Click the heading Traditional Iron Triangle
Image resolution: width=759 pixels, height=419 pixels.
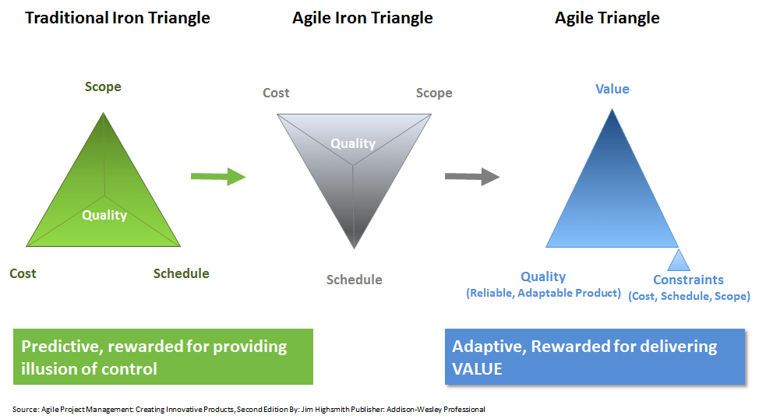point(118,18)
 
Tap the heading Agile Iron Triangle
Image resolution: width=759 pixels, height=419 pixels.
point(362,18)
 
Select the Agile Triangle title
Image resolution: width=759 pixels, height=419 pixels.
point(607,18)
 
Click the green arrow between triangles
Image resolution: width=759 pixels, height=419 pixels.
point(218,177)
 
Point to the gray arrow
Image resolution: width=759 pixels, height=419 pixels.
point(472,177)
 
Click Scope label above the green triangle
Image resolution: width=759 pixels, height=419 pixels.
point(103,87)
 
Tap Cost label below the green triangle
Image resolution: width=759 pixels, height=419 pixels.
point(23,273)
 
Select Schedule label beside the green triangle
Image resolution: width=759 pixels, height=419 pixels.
point(181,273)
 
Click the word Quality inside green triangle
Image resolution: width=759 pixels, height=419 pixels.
point(104,215)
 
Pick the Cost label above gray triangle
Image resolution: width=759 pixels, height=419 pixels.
point(276,93)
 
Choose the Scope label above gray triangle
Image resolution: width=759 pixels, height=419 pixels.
point(434,93)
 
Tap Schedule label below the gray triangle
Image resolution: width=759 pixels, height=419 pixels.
point(355,280)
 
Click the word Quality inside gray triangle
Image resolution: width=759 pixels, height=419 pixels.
point(353,144)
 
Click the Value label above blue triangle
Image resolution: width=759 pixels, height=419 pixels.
point(612,89)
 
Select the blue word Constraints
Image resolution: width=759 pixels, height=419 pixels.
point(688,280)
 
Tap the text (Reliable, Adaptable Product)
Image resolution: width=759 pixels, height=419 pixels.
point(544,293)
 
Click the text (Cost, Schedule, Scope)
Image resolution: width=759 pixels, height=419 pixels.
point(690,296)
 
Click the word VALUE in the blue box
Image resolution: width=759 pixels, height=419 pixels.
point(477,368)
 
